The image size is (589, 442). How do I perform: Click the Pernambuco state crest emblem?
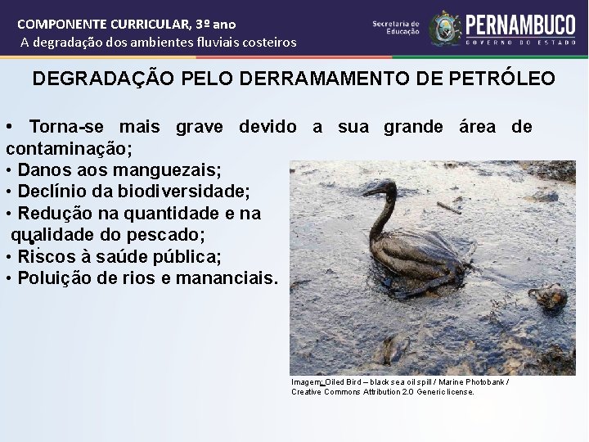[445, 28]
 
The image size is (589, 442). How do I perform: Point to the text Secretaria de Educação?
[396, 28]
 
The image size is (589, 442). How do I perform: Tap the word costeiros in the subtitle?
[266, 42]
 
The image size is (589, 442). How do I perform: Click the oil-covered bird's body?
[417, 262]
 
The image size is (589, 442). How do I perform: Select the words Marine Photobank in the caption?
[475, 382]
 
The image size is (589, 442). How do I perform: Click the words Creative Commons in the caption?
[321, 392]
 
